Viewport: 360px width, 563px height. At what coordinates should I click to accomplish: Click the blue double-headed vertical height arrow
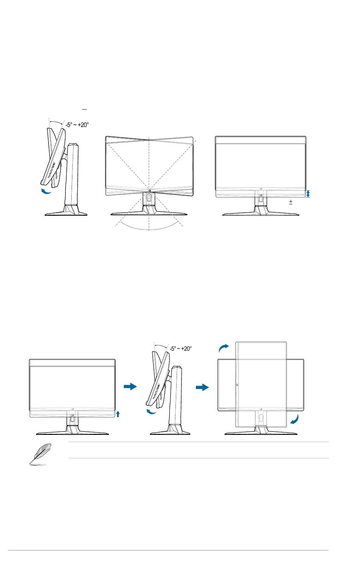tap(308, 194)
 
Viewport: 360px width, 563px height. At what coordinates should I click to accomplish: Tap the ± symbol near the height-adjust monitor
tap(291, 202)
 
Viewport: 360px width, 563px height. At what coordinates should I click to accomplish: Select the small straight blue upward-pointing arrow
tap(118, 413)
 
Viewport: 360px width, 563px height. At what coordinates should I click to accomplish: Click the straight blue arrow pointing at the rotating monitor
tap(202, 387)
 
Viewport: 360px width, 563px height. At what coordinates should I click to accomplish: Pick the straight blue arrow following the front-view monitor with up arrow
tap(130, 387)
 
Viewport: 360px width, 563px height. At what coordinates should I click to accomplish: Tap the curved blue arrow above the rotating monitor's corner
tap(224, 347)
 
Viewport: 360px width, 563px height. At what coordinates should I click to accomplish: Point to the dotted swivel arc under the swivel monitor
tap(149, 229)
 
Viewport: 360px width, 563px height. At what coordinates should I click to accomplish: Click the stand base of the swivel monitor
tap(149, 213)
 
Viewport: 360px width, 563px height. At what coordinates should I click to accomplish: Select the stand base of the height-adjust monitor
tap(261, 213)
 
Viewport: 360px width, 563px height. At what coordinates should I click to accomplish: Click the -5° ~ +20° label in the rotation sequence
tap(180, 349)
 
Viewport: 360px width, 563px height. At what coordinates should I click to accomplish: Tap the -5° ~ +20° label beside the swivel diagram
tap(77, 125)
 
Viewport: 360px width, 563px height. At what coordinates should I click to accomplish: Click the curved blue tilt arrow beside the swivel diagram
tap(46, 191)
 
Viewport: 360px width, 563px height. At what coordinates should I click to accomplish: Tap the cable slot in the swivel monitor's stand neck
tap(149, 198)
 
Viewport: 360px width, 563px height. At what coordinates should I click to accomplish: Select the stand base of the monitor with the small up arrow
tap(72, 432)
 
